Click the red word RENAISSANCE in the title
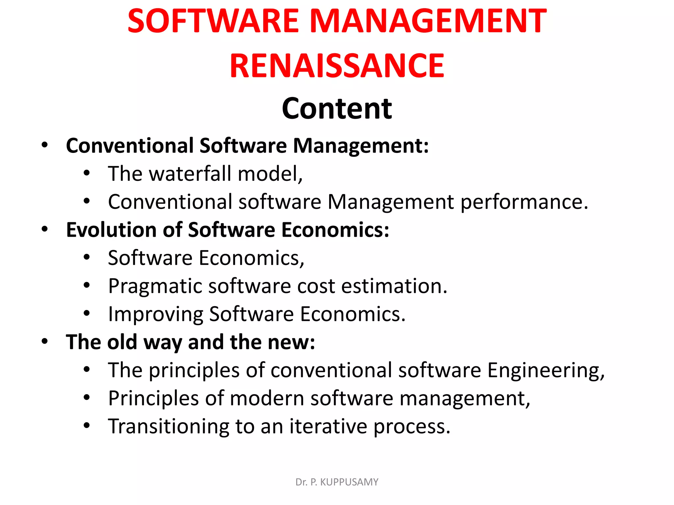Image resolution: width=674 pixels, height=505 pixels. tap(337, 66)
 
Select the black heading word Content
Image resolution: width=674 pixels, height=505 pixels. tap(337, 108)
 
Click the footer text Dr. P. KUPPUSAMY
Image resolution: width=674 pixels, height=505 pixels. tap(337, 482)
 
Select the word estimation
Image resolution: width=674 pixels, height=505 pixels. tap(394, 286)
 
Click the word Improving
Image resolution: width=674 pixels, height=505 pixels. tap(155, 314)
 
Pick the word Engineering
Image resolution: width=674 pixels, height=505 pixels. tap(545, 371)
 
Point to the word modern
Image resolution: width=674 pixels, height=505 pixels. tap(267, 398)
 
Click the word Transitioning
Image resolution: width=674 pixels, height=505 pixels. tap(168, 426)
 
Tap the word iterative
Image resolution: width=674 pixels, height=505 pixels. tap(328, 426)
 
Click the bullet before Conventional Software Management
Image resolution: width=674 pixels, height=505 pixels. tap(45, 145)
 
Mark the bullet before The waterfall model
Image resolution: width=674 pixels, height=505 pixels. tap(87, 173)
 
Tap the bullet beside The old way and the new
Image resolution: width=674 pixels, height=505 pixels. tap(45, 342)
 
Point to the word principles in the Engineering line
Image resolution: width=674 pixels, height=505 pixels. tap(194, 371)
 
